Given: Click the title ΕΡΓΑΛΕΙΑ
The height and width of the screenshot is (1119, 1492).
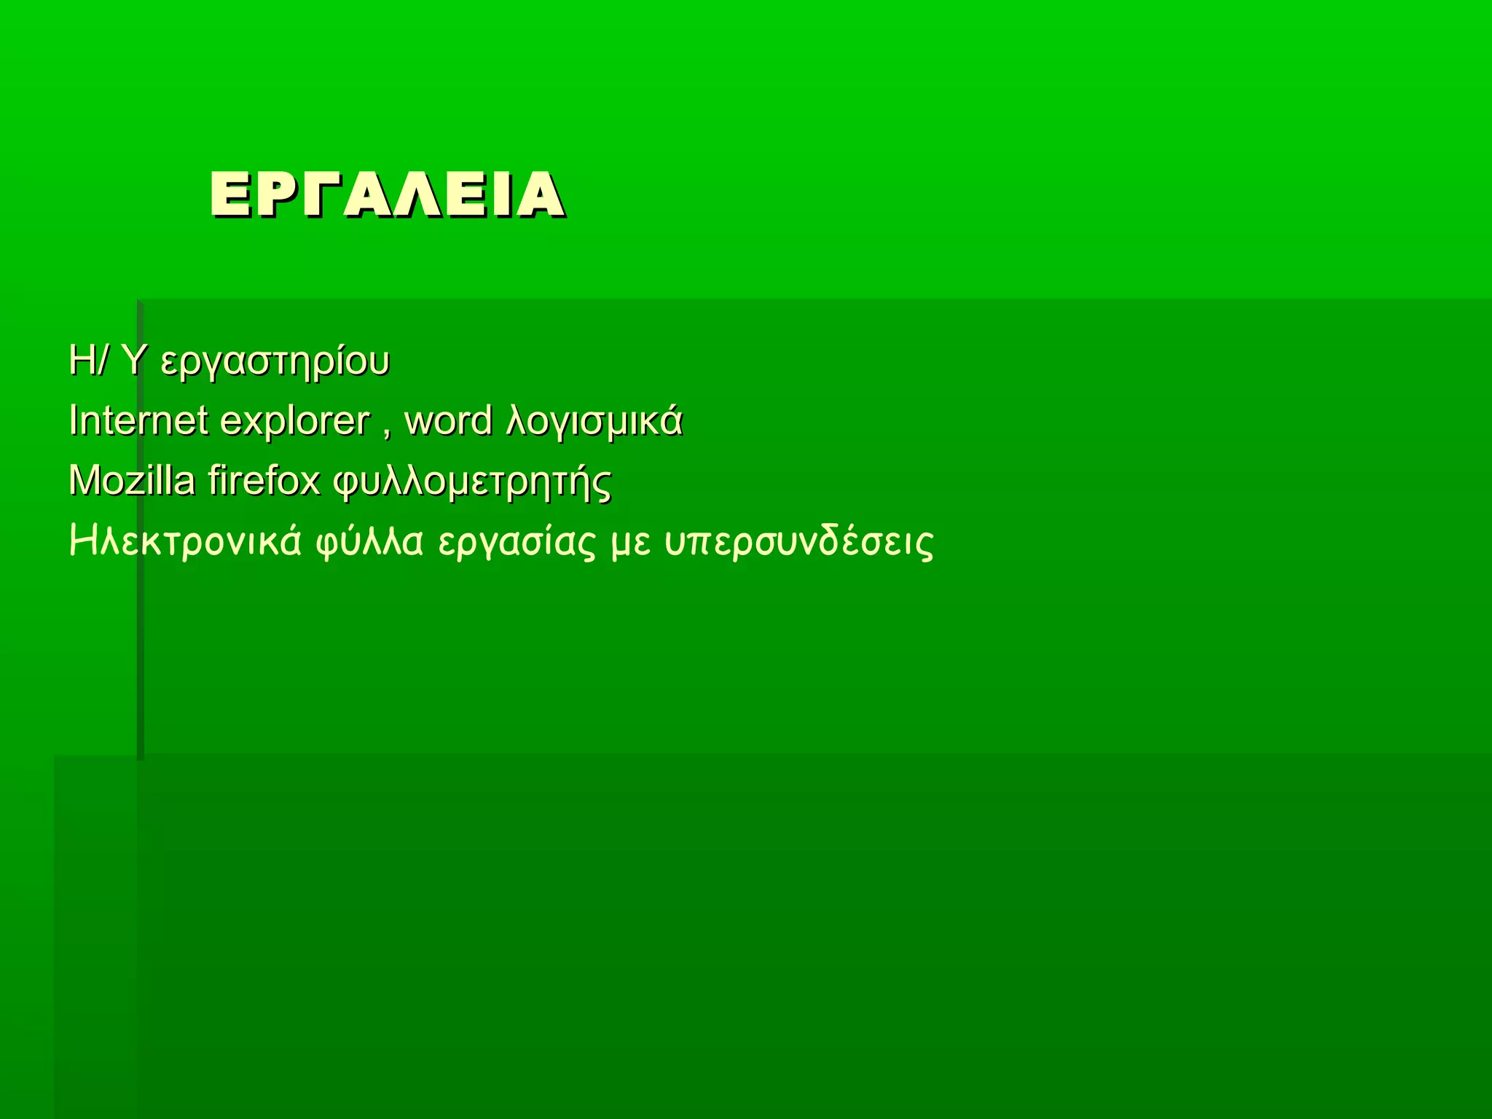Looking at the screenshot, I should [x=387, y=195].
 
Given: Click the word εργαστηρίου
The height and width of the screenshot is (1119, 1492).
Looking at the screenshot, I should [x=275, y=362].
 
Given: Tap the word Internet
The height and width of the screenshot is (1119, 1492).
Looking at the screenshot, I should [x=138, y=420].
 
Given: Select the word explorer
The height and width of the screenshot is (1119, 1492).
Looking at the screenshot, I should [x=295, y=422].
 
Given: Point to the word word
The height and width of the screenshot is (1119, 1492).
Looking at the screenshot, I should [x=448, y=420].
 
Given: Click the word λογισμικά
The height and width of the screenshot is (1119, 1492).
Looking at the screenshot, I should [x=594, y=422].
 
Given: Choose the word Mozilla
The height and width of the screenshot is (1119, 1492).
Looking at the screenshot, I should [x=132, y=481].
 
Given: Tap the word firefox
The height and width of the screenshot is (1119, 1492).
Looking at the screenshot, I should [x=264, y=481].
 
